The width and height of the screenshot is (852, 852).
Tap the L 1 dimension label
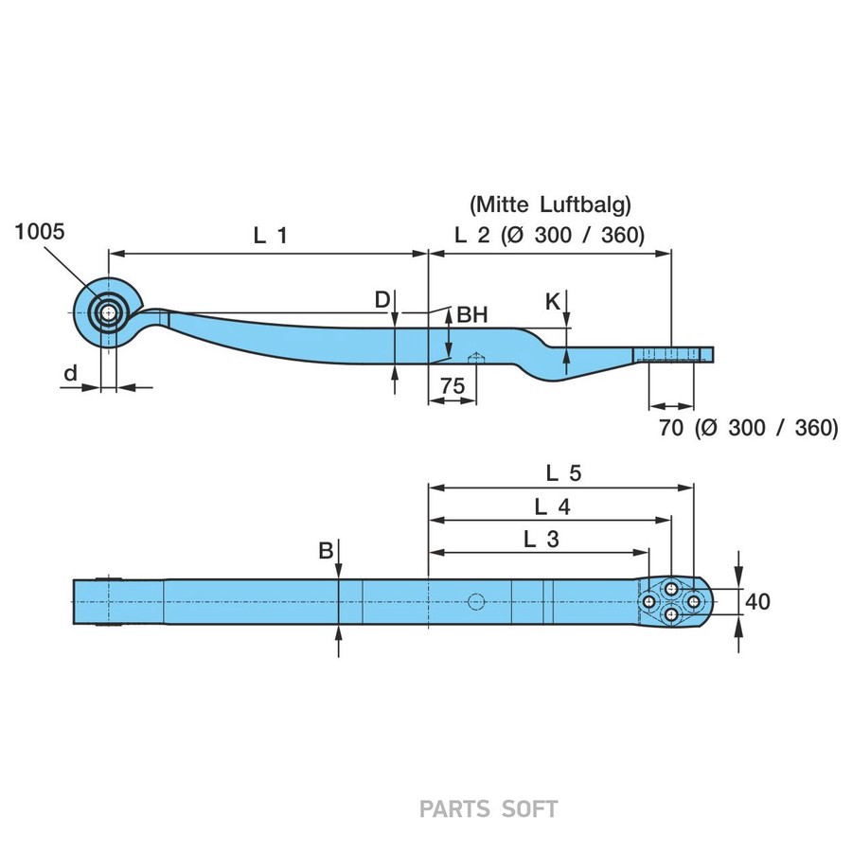pyautogui.click(x=270, y=237)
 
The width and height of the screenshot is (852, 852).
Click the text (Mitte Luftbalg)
pyautogui.click(x=549, y=203)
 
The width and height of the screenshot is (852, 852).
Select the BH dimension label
pyautogui.click(x=471, y=315)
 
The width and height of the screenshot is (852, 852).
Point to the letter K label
pyautogui.click(x=553, y=302)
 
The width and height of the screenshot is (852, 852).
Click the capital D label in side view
pyautogui.click(x=382, y=300)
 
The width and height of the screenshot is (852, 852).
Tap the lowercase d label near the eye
pyautogui.click(x=70, y=374)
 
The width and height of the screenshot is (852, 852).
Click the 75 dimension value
pyautogui.click(x=452, y=385)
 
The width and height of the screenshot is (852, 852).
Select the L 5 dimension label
pyautogui.click(x=562, y=470)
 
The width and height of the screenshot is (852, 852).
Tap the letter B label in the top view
pyautogui.click(x=325, y=550)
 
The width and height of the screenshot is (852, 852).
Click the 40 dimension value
pyautogui.click(x=758, y=601)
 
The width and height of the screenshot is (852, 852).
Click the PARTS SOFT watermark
pyautogui.click(x=488, y=808)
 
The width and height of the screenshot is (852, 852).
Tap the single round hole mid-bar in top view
pyautogui.click(x=476, y=601)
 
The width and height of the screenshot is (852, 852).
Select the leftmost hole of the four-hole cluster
pyautogui.click(x=649, y=601)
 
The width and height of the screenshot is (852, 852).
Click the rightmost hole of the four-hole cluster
pyautogui.click(x=693, y=601)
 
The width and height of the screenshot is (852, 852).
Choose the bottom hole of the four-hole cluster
pyautogui.click(x=671, y=615)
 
